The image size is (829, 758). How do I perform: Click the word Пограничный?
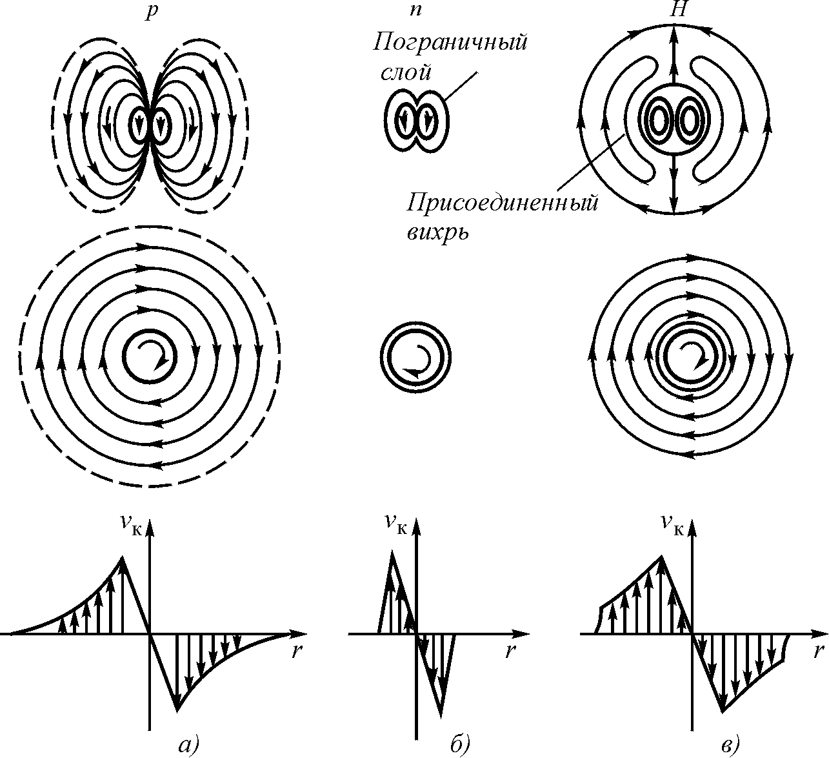(x=450, y=44)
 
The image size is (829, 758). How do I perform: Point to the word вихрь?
(x=437, y=232)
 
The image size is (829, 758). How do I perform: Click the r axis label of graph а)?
(x=296, y=651)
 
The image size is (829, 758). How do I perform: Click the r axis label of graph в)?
(x=819, y=651)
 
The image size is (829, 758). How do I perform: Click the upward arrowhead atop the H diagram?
(x=674, y=32)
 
